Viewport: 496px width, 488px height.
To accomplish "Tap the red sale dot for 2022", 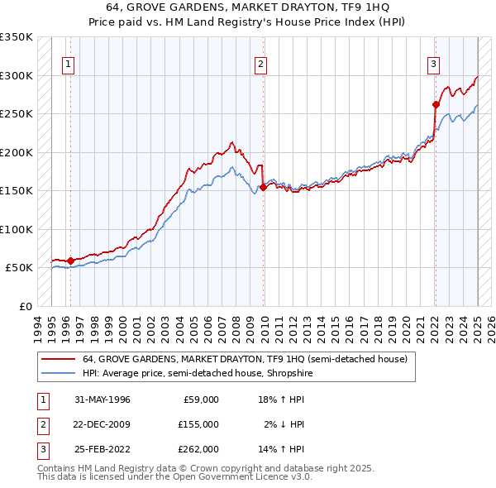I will [436, 104].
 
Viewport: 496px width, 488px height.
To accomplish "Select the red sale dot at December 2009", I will [263, 187].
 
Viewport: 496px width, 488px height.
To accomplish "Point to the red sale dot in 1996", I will [70, 261].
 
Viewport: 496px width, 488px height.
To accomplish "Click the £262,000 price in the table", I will [199, 451].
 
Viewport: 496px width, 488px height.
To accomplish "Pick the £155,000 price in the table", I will [199, 425].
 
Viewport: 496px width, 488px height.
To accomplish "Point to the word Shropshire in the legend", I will [288, 374].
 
